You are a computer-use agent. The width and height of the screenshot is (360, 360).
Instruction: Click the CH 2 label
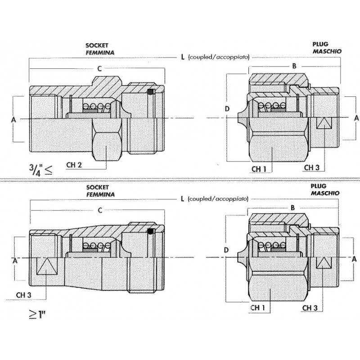74,165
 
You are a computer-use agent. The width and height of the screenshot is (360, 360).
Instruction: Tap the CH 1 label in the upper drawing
259,169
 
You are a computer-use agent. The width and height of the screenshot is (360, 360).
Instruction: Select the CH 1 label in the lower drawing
257,308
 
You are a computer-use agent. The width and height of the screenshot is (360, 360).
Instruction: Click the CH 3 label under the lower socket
23,295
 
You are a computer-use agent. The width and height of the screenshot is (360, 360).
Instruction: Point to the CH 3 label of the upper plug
311,167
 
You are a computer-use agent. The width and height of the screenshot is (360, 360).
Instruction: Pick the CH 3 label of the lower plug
310,308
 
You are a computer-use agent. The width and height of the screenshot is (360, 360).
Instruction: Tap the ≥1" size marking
37,315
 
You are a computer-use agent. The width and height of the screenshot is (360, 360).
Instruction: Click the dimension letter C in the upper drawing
99,69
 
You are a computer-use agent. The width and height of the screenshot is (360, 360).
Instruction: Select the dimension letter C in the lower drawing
99,210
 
